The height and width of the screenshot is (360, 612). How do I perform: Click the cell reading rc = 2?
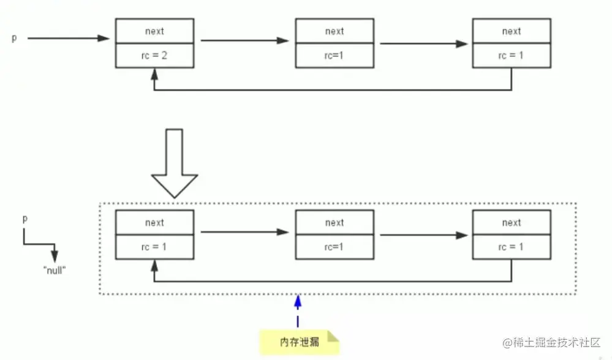coord(154,56)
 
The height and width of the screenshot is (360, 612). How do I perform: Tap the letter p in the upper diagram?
coord(14,39)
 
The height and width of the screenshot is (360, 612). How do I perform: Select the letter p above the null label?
coord(25,219)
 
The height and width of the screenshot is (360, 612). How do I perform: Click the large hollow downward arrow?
coord(175,162)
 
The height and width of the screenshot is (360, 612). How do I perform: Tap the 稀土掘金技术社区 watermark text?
coord(554,342)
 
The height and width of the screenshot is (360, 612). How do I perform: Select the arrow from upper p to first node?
coord(67,39)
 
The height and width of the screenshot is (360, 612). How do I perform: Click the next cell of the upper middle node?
coord(334,31)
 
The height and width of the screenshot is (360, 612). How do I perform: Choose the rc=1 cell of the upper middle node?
coord(334,56)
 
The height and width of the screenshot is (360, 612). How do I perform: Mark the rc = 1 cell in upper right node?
coord(512,56)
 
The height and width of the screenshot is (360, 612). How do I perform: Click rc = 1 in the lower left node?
coord(154,247)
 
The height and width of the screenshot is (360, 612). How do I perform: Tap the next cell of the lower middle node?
coord(334,223)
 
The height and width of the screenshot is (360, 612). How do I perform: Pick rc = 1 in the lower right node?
coord(512,247)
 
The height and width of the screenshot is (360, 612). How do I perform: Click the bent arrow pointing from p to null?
coord(40,244)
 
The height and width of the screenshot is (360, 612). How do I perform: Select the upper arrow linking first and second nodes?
coord(244,41)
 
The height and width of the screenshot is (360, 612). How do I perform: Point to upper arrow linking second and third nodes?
coord(423,44)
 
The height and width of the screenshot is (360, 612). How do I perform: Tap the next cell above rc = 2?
coord(154,31)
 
